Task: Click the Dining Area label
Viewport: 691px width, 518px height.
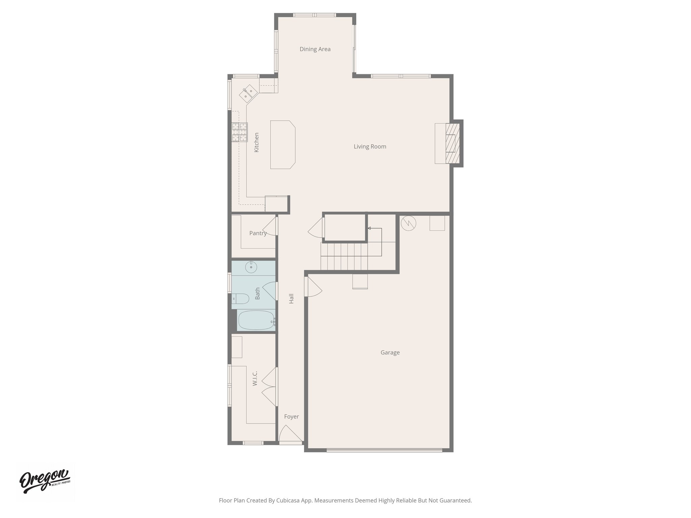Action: [315, 49]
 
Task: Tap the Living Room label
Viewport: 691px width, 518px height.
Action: [370, 147]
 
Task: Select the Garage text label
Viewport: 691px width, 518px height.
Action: [390, 353]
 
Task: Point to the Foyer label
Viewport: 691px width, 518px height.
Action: [291, 417]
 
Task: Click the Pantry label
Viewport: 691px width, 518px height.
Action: [258, 233]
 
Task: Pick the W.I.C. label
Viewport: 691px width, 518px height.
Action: [255, 378]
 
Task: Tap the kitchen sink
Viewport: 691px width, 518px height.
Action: [248, 93]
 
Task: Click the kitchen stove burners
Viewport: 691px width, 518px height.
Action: [240, 132]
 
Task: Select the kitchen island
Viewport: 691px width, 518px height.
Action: [282, 145]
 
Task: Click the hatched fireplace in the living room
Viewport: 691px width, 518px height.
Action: [452, 143]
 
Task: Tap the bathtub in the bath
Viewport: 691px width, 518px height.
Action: [256, 320]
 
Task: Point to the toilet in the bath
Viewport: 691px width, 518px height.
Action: [241, 298]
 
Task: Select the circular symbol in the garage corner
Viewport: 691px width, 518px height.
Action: [408, 223]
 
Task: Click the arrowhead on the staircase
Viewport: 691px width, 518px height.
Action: [369, 228]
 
